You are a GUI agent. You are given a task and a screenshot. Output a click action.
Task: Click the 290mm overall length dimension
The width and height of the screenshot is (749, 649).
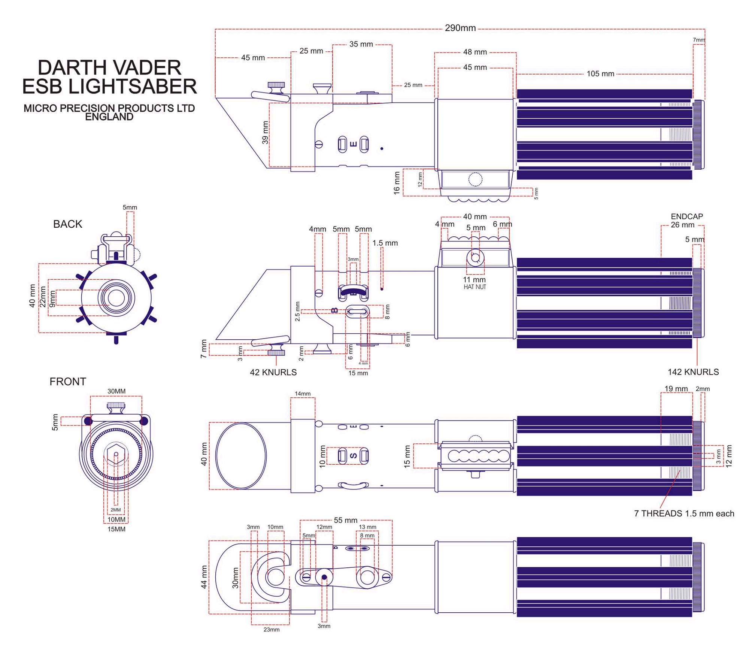click(x=460, y=28)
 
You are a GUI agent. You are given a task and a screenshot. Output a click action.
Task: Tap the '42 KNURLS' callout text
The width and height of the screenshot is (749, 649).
click(x=273, y=372)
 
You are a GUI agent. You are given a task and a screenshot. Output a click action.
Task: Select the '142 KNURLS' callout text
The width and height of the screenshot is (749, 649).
click(x=693, y=372)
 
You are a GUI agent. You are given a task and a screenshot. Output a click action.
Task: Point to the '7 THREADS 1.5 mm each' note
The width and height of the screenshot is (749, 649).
click(x=684, y=513)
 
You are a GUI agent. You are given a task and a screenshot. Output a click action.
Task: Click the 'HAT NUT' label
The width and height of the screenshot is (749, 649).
click(x=475, y=287)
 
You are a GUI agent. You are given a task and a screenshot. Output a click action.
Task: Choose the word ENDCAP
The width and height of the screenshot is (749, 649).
click(x=687, y=216)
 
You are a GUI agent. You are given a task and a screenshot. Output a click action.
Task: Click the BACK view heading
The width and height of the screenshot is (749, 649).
click(x=67, y=224)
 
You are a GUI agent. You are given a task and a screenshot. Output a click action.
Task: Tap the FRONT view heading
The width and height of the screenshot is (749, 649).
click(x=68, y=382)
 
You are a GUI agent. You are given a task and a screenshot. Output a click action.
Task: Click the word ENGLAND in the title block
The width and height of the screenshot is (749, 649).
click(x=109, y=117)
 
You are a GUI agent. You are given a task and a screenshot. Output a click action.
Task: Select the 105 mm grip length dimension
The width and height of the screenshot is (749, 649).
click(x=600, y=74)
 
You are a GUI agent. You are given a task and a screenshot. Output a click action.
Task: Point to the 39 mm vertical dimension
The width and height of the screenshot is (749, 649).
click(x=265, y=133)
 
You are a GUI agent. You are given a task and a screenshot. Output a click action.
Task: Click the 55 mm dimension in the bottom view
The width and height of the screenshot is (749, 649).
click(x=346, y=520)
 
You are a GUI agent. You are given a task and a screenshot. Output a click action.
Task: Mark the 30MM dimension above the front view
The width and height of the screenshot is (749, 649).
click(x=116, y=391)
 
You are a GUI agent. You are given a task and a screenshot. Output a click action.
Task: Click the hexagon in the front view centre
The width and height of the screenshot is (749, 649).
click(x=116, y=454)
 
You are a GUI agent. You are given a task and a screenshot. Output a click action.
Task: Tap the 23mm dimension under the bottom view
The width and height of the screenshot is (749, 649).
click(x=272, y=630)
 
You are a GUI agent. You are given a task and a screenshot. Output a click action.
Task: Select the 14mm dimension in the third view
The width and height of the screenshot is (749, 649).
click(x=303, y=394)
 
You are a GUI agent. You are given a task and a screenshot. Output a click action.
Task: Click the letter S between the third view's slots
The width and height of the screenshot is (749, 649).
click(x=353, y=456)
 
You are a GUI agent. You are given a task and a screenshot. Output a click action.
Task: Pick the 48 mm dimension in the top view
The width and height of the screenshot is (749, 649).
click(x=475, y=52)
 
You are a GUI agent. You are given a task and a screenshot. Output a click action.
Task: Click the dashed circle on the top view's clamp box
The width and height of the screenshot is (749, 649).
click(x=475, y=179)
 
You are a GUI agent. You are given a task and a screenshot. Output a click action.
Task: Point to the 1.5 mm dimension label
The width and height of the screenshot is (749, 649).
click(x=385, y=243)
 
